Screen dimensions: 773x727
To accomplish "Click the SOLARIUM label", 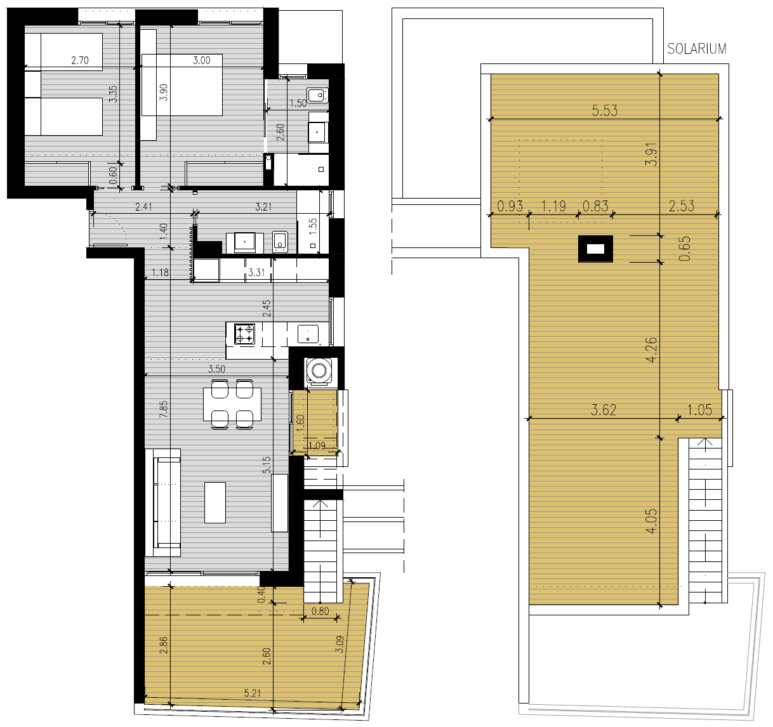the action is (x=697, y=49).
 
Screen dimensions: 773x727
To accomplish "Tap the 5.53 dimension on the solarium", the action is (x=604, y=110).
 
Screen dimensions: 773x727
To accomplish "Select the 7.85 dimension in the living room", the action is (x=164, y=409).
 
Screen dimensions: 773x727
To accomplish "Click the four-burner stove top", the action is (x=244, y=334).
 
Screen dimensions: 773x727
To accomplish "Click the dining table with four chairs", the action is (x=232, y=404).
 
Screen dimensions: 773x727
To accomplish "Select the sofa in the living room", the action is (x=162, y=502).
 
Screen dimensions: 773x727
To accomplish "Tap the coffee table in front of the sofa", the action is (x=215, y=502).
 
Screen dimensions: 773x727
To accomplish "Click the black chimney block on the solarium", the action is (x=595, y=249).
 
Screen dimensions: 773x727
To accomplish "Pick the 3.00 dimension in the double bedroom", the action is (x=202, y=60).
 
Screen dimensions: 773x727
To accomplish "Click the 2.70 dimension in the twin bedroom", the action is (x=80, y=60).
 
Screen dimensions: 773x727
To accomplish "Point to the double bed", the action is (x=182, y=85).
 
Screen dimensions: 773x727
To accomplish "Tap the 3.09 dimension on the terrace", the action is (x=340, y=644).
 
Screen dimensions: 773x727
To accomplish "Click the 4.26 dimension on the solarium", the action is (x=651, y=350).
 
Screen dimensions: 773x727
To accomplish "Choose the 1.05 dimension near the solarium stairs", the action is (x=699, y=410).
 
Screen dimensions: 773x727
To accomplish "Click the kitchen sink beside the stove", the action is (x=308, y=334).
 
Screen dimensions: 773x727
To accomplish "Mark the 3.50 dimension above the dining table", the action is (x=216, y=369).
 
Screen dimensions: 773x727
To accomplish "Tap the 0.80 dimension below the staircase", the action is (x=320, y=612).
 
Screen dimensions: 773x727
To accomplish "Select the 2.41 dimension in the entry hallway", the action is (x=143, y=207).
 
